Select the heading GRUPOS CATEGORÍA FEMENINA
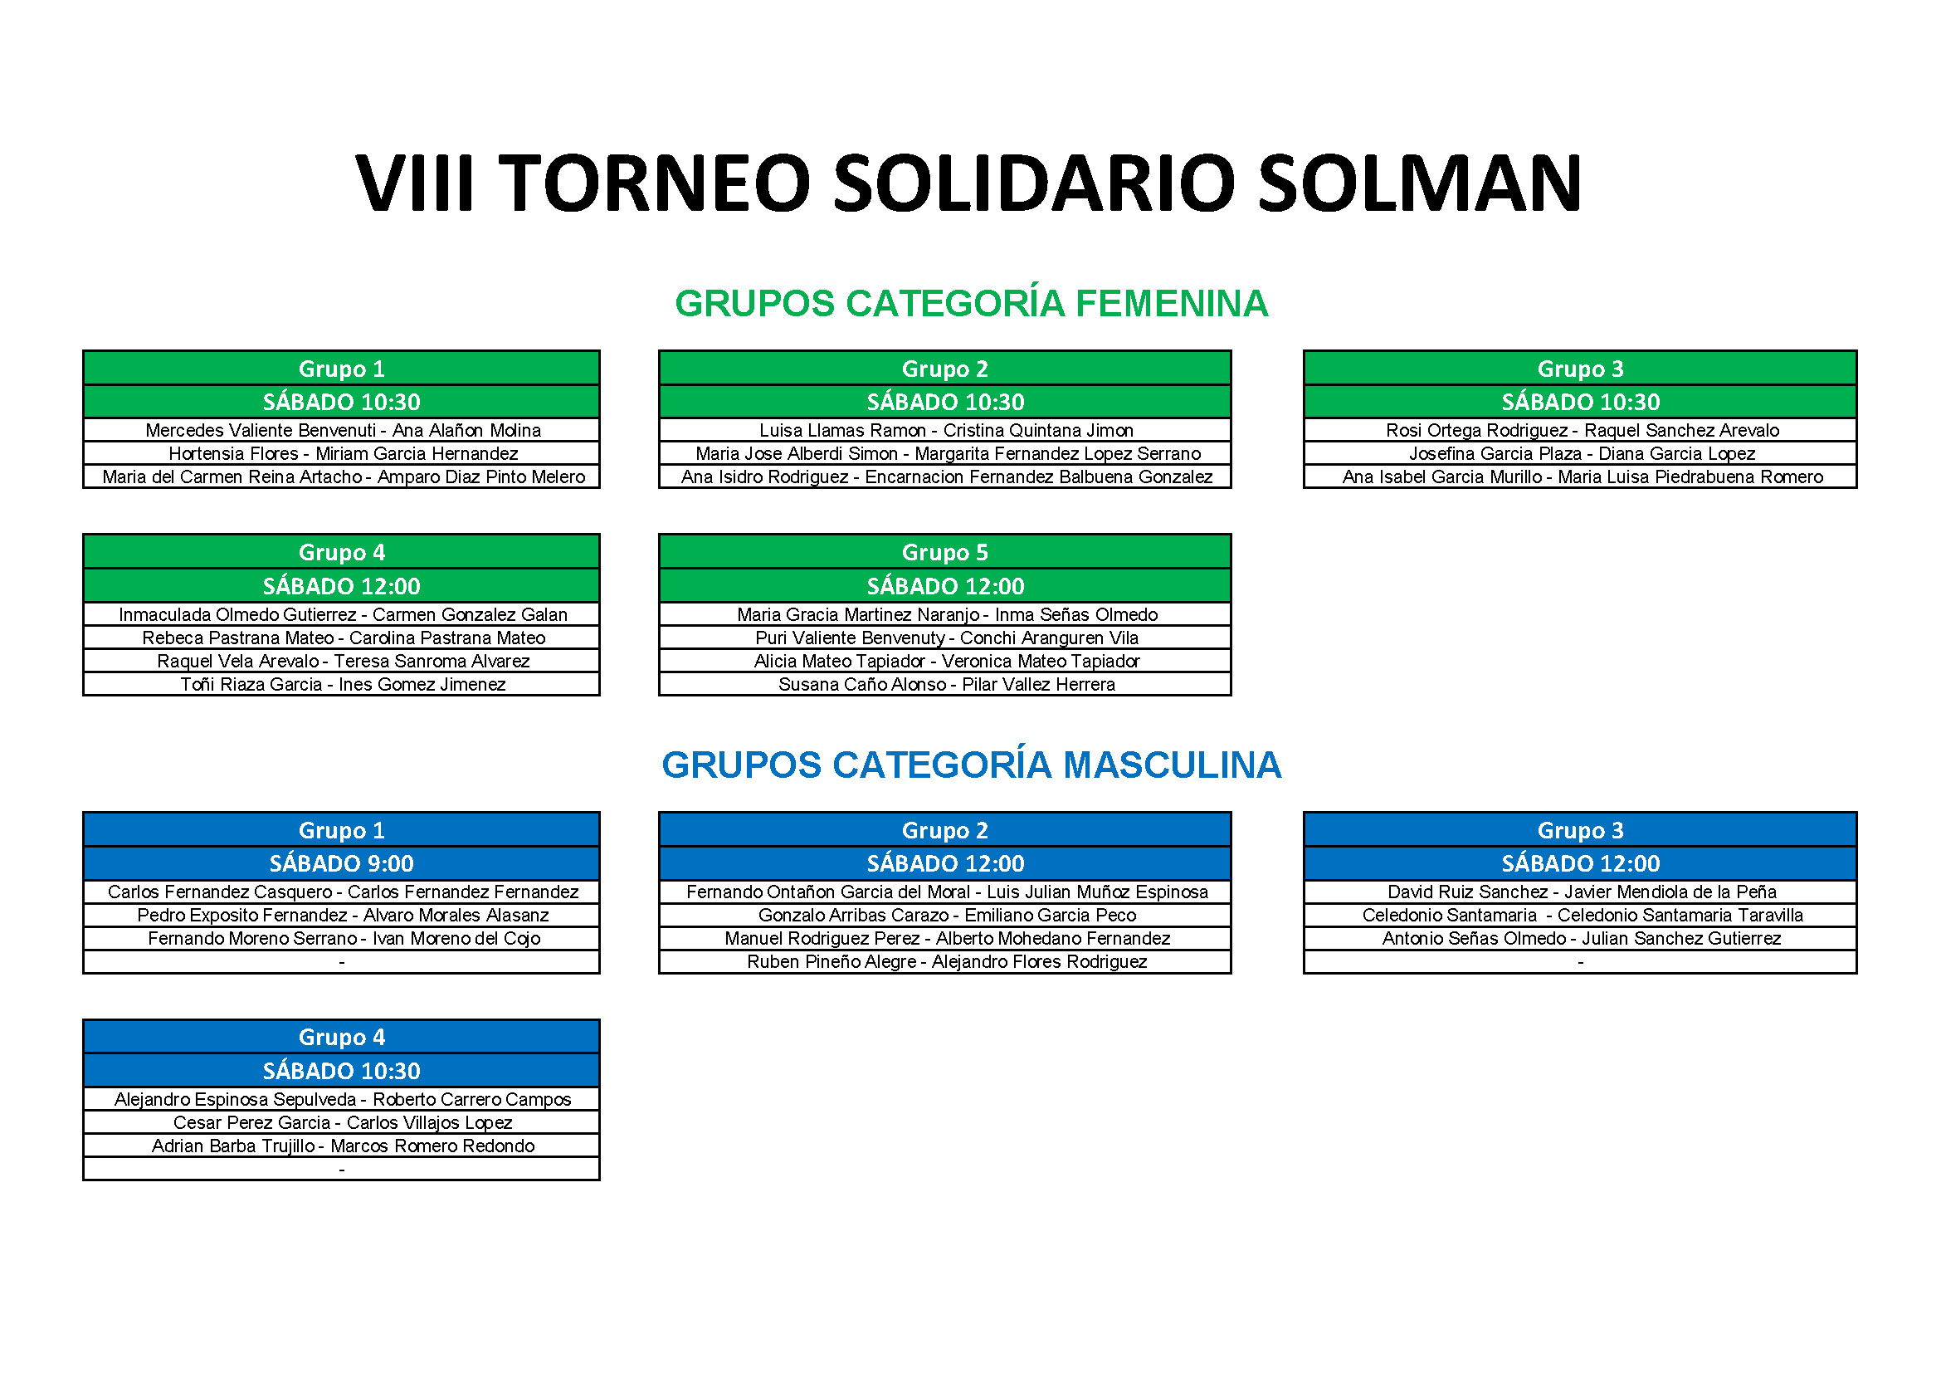click(972, 304)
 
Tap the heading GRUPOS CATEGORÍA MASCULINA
click(972, 765)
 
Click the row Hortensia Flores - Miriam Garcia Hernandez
click(343, 454)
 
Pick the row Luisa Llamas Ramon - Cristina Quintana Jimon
click(946, 430)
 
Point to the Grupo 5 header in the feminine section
click(945, 552)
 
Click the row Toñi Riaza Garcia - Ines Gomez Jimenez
click(343, 685)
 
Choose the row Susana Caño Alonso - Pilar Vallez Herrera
click(946, 685)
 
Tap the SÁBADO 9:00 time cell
click(342, 863)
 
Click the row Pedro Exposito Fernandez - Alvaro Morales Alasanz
click(343, 916)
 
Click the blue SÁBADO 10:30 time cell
click(342, 1071)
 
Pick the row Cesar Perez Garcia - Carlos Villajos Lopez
click(343, 1123)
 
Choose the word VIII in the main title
click(414, 183)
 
